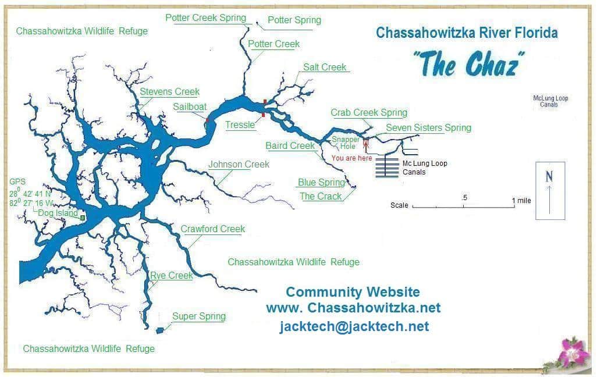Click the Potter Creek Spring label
(205, 17)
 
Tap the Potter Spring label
(294, 20)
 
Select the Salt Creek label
(325, 67)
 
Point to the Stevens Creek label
(169, 91)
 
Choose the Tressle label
(240, 125)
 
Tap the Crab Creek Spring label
(369, 112)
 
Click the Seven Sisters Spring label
(428, 127)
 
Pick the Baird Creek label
(290, 145)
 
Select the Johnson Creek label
(239, 164)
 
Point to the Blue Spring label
(321, 182)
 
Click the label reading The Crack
(321, 196)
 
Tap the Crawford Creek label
(212, 229)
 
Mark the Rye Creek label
(172, 275)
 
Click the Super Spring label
(198, 316)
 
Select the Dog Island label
(58, 213)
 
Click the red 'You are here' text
(351, 158)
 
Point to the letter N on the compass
(549, 177)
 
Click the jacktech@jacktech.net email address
(354, 326)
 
